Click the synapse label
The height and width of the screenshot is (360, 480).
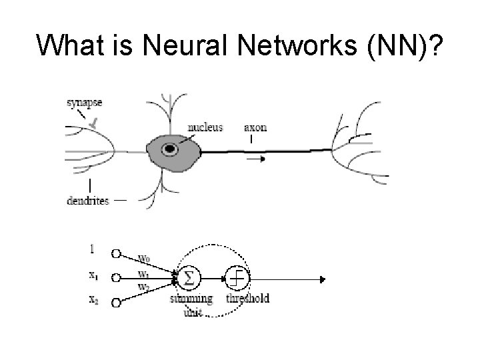point(85,103)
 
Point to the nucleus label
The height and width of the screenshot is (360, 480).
point(205,127)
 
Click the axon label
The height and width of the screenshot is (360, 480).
point(255,127)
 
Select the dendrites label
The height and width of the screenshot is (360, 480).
point(87,201)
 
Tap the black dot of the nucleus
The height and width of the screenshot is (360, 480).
point(172,149)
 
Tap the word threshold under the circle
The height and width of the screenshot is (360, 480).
point(247,299)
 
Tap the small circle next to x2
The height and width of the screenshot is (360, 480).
point(116,303)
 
